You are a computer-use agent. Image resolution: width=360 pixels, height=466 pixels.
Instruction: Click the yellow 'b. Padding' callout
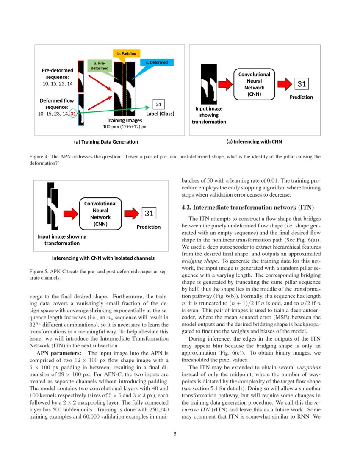click(x=126, y=54)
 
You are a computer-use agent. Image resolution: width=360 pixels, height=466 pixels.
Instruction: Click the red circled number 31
click(x=73, y=114)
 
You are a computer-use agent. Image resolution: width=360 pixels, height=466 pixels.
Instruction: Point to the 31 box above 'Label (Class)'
click(x=158, y=104)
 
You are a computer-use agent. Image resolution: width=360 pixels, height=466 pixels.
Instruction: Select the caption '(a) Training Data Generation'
click(x=106, y=141)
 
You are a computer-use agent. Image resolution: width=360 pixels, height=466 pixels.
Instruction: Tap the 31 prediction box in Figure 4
click(x=301, y=84)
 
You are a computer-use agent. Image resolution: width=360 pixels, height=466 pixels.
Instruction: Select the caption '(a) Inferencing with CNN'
click(x=254, y=141)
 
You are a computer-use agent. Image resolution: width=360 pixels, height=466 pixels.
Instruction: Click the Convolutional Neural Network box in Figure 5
click(x=100, y=214)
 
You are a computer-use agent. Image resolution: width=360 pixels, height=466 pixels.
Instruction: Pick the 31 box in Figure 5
click(x=149, y=214)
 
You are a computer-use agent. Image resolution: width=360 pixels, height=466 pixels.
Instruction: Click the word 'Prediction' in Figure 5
click(x=149, y=227)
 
